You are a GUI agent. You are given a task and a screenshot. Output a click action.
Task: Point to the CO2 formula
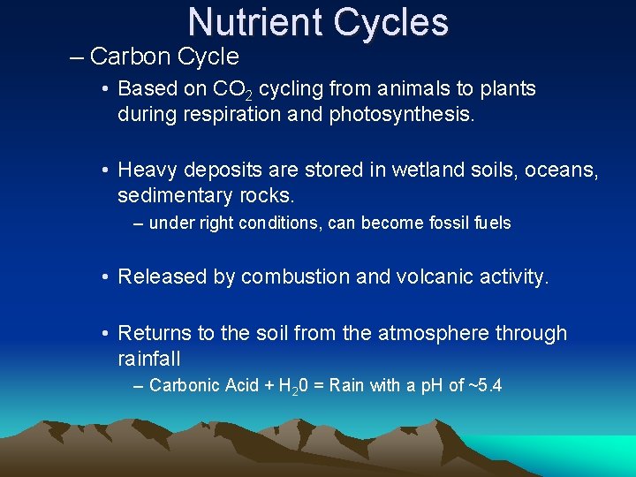(x=232, y=90)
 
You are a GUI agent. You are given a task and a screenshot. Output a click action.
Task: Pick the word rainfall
(x=149, y=358)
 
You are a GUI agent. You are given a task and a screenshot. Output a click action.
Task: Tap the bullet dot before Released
(x=104, y=277)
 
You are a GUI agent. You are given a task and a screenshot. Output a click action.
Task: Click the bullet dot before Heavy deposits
(x=104, y=169)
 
